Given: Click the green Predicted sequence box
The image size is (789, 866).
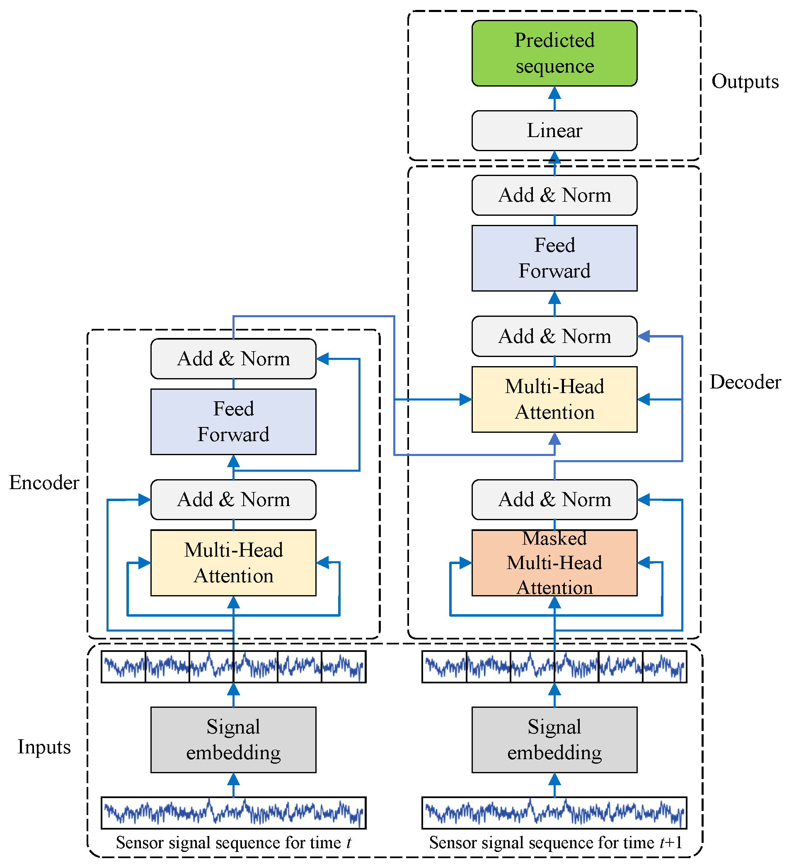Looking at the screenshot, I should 554,53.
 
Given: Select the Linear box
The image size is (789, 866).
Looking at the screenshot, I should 554,130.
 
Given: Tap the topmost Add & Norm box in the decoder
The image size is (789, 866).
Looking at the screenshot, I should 554,195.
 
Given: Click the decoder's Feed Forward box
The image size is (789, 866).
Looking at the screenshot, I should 554,258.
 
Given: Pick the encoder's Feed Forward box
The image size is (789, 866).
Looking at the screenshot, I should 233,421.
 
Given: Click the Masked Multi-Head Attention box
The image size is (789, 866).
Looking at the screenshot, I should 554,562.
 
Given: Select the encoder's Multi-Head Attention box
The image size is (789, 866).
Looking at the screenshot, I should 233,562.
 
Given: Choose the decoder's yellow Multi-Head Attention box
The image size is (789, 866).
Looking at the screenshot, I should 554,399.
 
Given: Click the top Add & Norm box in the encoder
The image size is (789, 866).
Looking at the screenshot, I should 233,359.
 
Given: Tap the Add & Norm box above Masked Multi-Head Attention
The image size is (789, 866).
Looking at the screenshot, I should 554,499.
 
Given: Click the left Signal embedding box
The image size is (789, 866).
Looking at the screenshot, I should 233,740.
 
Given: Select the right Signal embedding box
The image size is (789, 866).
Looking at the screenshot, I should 554,740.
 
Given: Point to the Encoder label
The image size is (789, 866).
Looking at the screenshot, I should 44,483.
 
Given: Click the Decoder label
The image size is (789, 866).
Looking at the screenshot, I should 745,382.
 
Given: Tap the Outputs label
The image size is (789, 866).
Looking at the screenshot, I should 745,82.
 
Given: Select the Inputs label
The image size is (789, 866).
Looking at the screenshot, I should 44,747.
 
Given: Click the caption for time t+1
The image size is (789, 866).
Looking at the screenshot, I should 556,843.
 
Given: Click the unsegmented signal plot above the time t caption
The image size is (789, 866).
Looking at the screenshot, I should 233,813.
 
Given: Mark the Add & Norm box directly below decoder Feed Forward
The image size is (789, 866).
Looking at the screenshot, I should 554,336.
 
